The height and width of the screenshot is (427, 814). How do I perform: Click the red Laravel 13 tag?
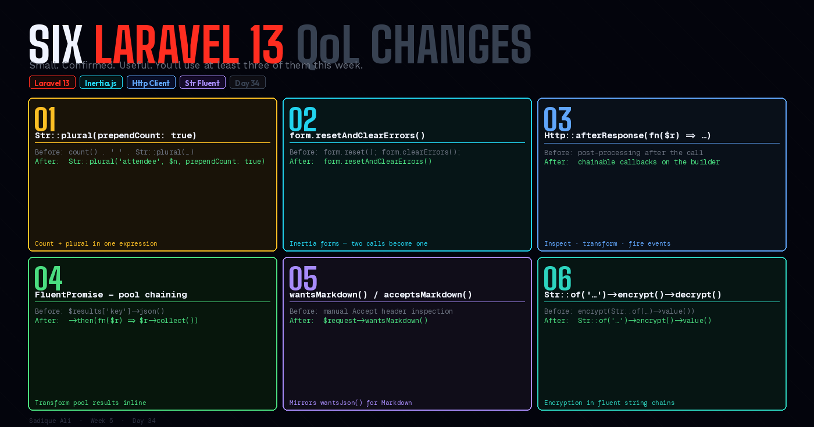click(52, 82)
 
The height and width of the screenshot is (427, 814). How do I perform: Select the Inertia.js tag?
click(101, 82)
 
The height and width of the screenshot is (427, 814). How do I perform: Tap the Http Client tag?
click(151, 82)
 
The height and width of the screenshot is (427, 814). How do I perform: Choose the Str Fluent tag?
click(202, 82)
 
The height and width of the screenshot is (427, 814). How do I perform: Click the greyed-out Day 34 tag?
click(248, 82)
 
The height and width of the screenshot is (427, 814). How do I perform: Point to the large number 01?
click(45, 119)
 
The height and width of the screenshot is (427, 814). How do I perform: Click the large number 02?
click(302, 119)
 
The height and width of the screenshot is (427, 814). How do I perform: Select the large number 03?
click(557, 119)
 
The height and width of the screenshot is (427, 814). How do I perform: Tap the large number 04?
click(48, 278)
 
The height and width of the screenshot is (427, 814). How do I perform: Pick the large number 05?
click(302, 278)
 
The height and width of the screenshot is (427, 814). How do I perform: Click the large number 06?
click(557, 278)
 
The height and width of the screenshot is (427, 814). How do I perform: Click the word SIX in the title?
click(56, 44)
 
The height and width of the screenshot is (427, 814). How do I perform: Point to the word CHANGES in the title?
click(451, 44)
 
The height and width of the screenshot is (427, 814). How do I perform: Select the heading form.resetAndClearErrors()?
click(357, 135)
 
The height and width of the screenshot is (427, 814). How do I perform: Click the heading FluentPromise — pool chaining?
click(110, 295)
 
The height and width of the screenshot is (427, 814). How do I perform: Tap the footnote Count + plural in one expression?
click(96, 243)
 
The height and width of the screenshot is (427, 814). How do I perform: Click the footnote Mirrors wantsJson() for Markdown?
click(351, 403)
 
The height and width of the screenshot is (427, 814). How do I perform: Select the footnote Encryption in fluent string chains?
click(609, 403)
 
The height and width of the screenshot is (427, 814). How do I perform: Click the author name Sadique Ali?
click(50, 421)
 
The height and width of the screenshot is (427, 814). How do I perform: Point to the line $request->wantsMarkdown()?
click(375, 321)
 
